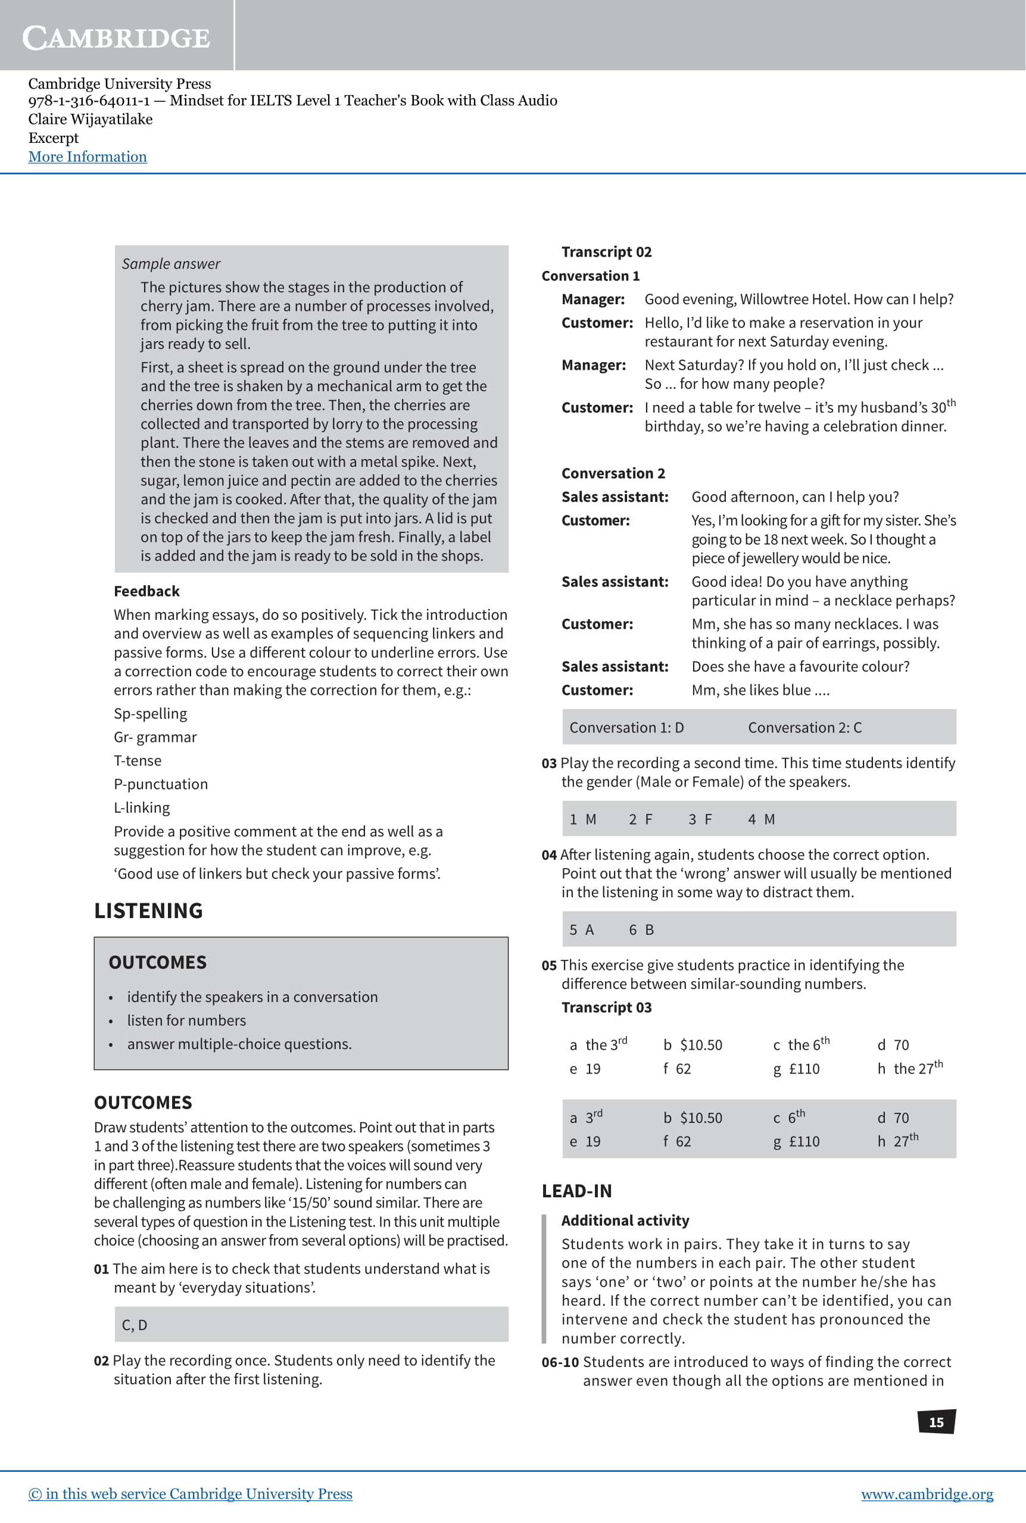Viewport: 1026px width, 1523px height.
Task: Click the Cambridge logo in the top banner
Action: pyautogui.click(x=117, y=38)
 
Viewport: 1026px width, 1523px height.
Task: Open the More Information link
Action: pyautogui.click(x=88, y=157)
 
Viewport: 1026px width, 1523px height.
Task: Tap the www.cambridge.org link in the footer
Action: pyautogui.click(x=927, y=1494)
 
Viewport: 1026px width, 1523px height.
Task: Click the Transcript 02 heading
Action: pyautogui.click(x=606, y=252)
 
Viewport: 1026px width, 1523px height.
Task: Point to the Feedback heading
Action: pyautogui.click(x=146, y=591)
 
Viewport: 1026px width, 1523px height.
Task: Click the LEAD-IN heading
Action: pyautogui.click(x=576, y=1191)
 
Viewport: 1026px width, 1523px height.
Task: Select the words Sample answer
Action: pyautogui.click(x=171, y=264)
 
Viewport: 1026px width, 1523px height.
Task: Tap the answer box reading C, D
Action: pyautogui.click(x=135, y=1325)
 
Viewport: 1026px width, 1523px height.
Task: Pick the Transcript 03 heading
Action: pyautogui.click(x=606, y=1007)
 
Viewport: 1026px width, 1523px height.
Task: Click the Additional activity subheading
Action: pyautogui.click(x=625, y=1220)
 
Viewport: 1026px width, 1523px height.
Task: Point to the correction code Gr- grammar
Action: pyautogui.click(x=155, y=736)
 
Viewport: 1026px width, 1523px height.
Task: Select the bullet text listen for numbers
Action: pyautogui.click(x=186, y=1020)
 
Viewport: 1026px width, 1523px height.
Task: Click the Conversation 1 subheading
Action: pyautogui.click(x=590, y=276)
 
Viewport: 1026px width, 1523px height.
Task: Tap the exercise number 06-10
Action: pyautogui.click(x=560, y=1362)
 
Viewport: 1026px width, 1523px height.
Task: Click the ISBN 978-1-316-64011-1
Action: pyautogui.click(x=89, y=101)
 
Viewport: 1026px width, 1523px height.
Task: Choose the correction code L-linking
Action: pyautogui.click(x=142, y=807)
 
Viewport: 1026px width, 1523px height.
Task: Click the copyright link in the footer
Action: pyautogui.click(x=191, y=1494)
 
